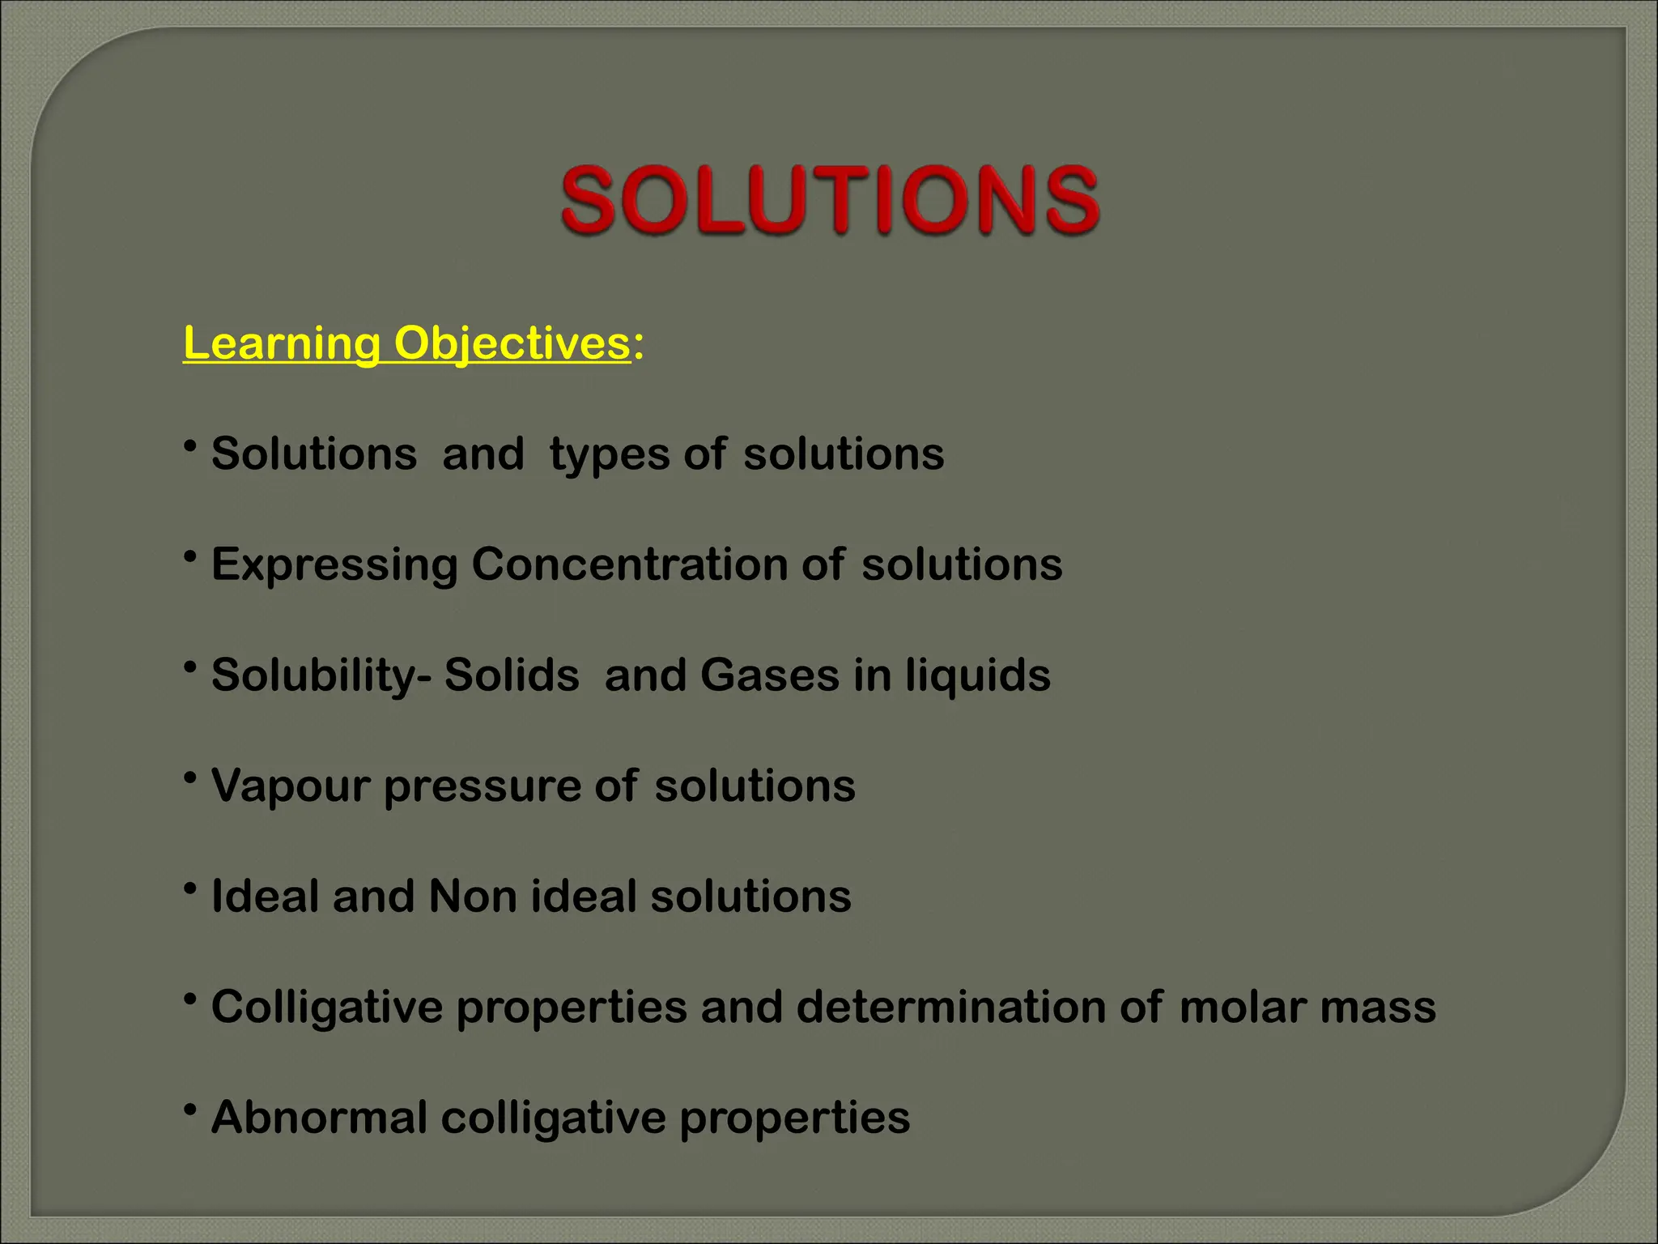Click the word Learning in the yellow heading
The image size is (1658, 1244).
(x=281, y=343)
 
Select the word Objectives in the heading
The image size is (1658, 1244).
(x=512, y=343)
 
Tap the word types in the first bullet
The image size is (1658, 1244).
(x=609, y=454)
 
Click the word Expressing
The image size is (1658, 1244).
(x=334, y=565)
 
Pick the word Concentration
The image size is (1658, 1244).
(x=629, y=564)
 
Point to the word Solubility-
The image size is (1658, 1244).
(x=321, y=675)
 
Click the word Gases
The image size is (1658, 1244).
(x=769, y=675)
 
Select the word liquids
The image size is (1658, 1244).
(x=978, y=675)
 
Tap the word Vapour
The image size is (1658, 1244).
(x=291, y=786)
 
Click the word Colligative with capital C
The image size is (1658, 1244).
(x=327, y=1008)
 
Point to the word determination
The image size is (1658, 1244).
(x=951, y=1007)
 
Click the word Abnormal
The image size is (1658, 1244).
(x=319, y=1118)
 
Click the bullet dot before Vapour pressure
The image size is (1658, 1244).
(x=190, y=778)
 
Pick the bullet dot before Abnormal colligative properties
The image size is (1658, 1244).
(x=190, y=1110)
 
